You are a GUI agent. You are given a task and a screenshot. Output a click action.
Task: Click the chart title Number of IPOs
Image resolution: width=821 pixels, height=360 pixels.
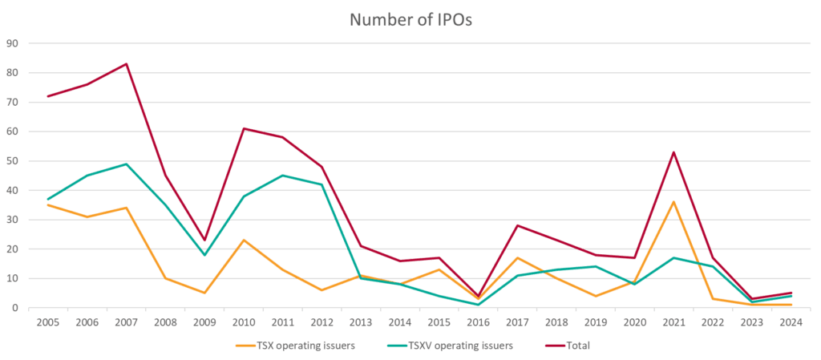pyautogui.click(x=410, y=20)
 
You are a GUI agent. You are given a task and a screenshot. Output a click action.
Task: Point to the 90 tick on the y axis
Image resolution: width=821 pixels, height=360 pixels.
pyautogui.click(x=13, y=43)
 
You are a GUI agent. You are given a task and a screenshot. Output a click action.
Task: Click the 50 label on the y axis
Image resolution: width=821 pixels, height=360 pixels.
pyautogui.click(x=13, y=161)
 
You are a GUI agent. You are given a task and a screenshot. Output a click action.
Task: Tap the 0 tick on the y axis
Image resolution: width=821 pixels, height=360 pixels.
pyautogui.click(x=16, y=308)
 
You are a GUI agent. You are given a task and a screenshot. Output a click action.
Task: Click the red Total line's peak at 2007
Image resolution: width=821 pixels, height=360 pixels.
pyautogui.click(x=126, y=64)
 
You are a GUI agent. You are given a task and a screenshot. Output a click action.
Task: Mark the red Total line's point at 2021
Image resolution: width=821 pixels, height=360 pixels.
pyautogui.click(x=673, y=152)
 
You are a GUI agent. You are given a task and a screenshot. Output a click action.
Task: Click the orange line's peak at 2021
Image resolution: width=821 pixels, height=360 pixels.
pyautogui.click(x=673, y=202)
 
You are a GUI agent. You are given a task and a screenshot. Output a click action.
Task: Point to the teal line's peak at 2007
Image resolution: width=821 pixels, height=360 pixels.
pyautogui.click(x=126, y=164)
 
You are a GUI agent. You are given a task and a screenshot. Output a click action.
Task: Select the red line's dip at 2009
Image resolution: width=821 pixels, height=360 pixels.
pyautogui.click(x=204, y=241)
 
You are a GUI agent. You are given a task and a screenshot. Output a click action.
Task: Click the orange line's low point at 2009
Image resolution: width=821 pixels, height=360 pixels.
pyautogui.click(x=204, y=293)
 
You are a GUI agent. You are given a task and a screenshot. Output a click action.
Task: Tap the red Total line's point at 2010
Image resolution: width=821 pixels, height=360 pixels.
pyautogui.click(x=244, y=128)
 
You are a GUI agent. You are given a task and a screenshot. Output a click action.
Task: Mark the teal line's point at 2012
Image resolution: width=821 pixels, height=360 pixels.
pyautogui.click(x=322, y=184)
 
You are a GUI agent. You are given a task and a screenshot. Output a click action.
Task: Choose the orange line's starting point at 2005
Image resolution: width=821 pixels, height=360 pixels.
pyautogui.click(x=48, y=204)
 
